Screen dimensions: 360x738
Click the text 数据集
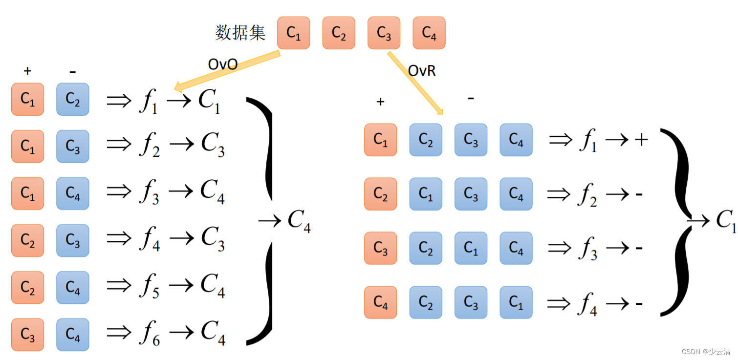pyautogui.click(x=240, y=33)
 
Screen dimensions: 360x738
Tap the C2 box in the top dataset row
pyautogui.click(x=339, y=33)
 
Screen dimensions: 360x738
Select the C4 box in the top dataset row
pyautogui.click(x=429, y=33)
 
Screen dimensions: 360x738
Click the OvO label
pyautogui.click(x=223, y=64)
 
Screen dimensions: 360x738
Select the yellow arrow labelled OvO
pyautogui.click(x=227, y=70)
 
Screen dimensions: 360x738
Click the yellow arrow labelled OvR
pyautogui.click(x=415, y=82)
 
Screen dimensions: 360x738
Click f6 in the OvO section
pyautogui.click(x=150, y=334)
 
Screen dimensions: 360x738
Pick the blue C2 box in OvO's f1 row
pyautogui.click(x=73, y=99)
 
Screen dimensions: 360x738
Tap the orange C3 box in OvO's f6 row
pyautogui.click(x=28, y=335)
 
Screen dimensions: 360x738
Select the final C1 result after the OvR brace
pyautogui.click(x=726, y=221)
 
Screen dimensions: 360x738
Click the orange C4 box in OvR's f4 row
pyautogui.click(x=381, y=302)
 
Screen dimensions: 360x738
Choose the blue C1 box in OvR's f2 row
pyautogui.click(x=426, y=194)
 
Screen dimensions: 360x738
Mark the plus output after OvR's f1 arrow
pyautogui.click(x=641, y=140)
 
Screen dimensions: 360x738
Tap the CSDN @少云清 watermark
pyautogui.click(x=706, y=351)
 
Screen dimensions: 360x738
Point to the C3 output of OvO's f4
pyautogui.click(x=213, y=239)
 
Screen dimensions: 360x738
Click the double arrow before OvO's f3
pyautogui.click(x=119, y=191)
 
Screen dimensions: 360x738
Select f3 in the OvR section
pyautogui.click(x=587, y=249)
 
